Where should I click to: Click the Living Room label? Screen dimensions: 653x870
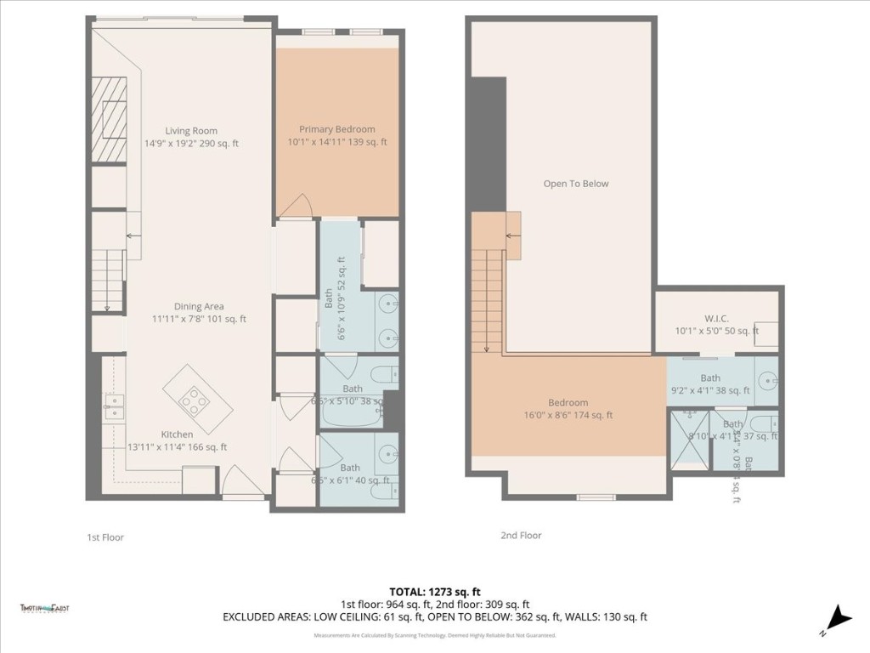tap(191, 131)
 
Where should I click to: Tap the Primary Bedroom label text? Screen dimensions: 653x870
tap(336, 129)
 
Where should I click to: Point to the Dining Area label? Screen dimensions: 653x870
tap(200, 307)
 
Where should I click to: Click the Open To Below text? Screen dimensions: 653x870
tap(576, 184)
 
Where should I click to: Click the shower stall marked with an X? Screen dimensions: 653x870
tap(690, 440)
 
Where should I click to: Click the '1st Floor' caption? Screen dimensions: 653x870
tap(105, 537)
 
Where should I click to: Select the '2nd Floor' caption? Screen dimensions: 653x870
tap(520, 536)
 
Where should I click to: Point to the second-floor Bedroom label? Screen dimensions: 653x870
tap(568, 403)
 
